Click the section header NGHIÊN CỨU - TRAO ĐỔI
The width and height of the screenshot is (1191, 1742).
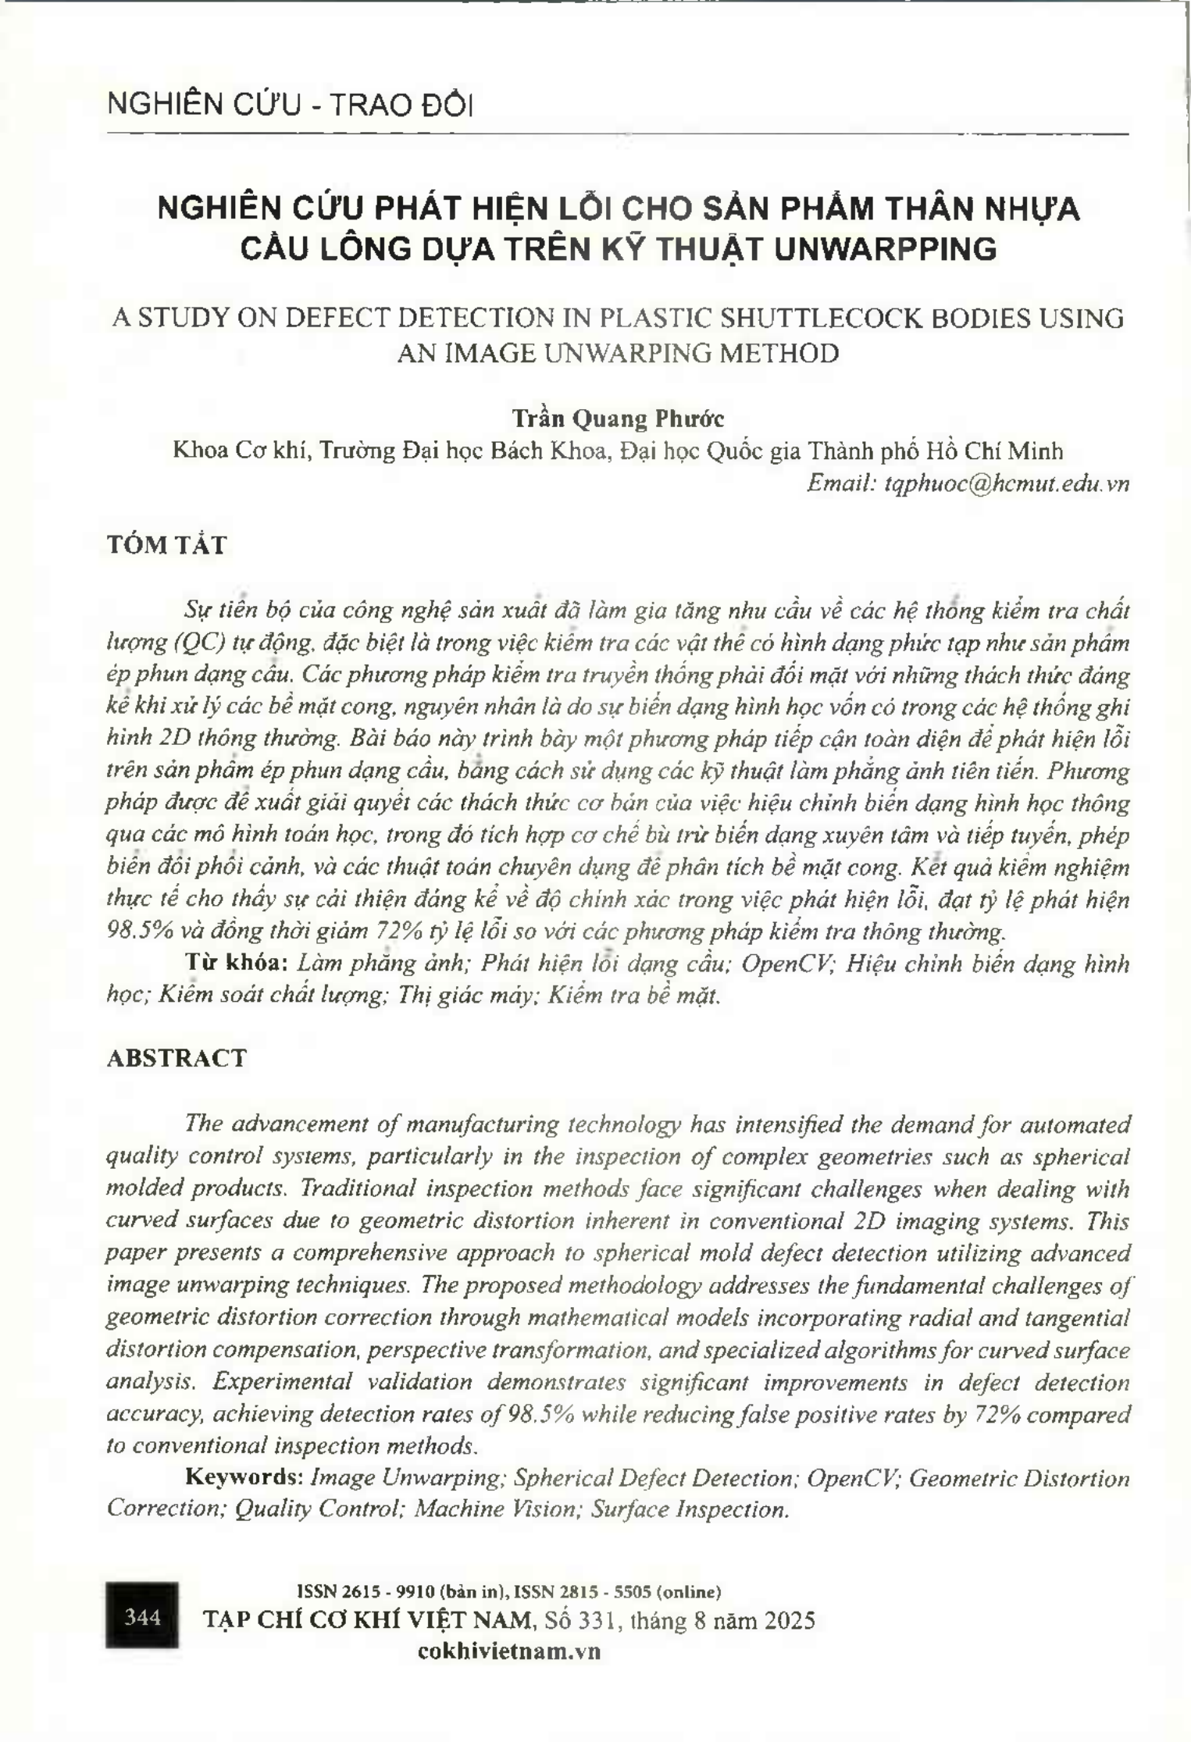point(290,105)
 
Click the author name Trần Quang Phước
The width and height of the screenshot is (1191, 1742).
point(618,419)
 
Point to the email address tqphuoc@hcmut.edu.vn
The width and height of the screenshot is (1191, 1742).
point(1007,483)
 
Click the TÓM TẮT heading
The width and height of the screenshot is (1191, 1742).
point(166,545)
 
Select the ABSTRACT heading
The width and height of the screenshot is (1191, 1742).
point(176,1058)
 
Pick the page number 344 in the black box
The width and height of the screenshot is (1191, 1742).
point(142,1616)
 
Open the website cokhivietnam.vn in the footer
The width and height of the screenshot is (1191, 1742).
point(509,1651)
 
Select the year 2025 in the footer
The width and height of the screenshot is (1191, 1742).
point(790,1620)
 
